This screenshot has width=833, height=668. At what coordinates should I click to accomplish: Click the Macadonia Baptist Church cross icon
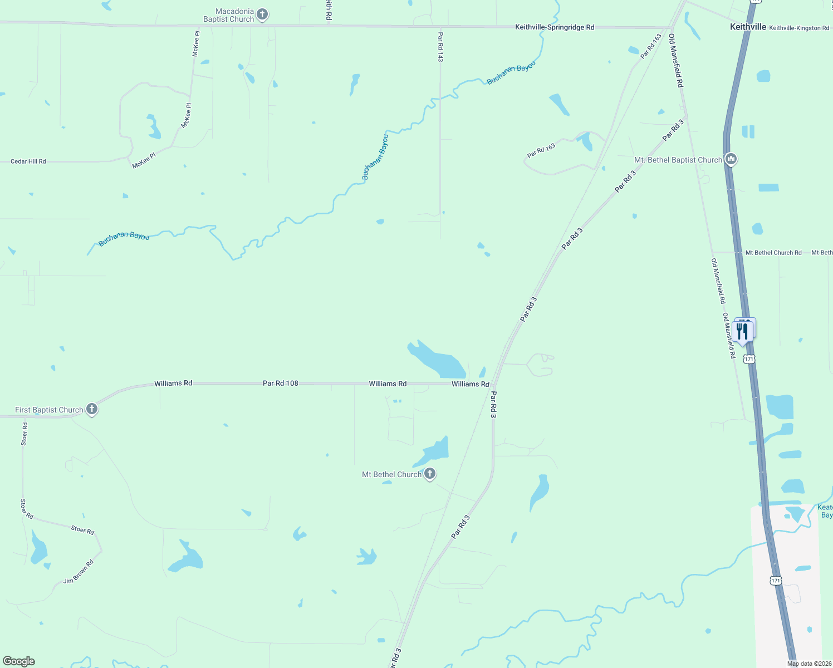[262, 14]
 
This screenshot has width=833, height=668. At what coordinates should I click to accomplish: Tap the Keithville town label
[748, 27]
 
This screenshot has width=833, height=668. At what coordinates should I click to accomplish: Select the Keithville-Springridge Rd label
[554, 27]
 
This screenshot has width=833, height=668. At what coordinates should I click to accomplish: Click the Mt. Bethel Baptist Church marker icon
[731, 159]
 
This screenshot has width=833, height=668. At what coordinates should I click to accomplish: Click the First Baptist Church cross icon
[92, 409]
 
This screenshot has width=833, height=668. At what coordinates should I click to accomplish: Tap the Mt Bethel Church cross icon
[429, 474]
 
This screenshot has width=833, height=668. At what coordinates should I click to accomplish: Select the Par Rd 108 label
[280, 383]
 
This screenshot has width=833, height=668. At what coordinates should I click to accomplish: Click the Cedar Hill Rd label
[28, 161]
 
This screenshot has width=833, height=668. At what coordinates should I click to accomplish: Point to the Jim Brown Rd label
[79, 572]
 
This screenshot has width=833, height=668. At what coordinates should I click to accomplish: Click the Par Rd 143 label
[440, 47]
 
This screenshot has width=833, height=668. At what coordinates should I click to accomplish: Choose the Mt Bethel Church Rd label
[773, 253]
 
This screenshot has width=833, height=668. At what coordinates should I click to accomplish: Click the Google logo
[19, 661]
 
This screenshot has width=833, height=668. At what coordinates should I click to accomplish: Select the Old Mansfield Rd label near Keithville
[675, 60]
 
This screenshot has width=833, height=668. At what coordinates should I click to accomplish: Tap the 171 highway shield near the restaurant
[749, 359]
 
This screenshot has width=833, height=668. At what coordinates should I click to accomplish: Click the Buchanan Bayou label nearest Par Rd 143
[511, 73]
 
